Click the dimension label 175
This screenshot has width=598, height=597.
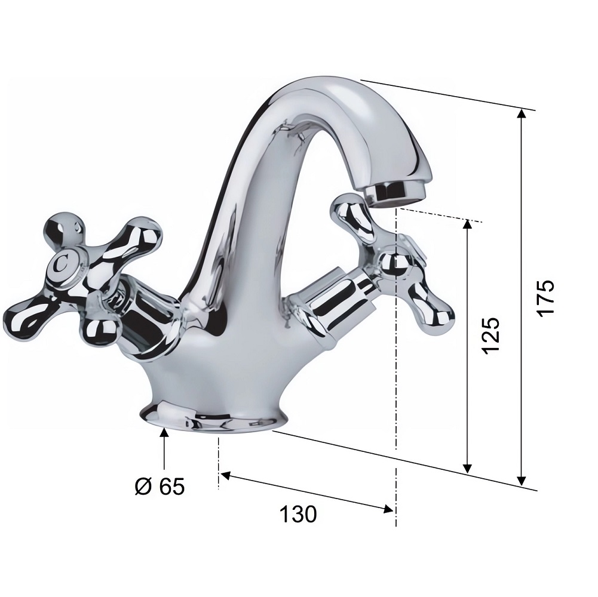point(545,297)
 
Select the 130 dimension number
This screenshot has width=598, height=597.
point(298,514)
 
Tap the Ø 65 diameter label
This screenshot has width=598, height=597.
point(160,486)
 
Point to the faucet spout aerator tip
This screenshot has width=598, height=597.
point(397,192)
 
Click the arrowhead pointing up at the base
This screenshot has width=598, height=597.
point(164,433)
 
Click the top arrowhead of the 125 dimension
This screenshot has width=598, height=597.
point(468,224)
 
